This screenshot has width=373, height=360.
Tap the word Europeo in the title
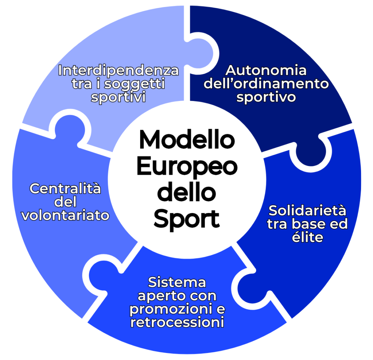[186, 167]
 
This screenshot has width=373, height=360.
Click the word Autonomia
[266, 70]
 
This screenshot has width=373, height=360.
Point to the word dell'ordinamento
[266, 84]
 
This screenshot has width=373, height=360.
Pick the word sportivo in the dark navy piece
[266, 98]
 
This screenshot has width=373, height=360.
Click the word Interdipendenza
[119, 70]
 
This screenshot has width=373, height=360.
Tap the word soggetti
[135, 84]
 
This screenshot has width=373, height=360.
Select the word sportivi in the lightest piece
[119, 98]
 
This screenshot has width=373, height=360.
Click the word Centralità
[65, 189]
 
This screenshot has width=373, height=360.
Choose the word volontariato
[65, 215]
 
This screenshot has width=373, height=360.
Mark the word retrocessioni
[177, 322]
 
